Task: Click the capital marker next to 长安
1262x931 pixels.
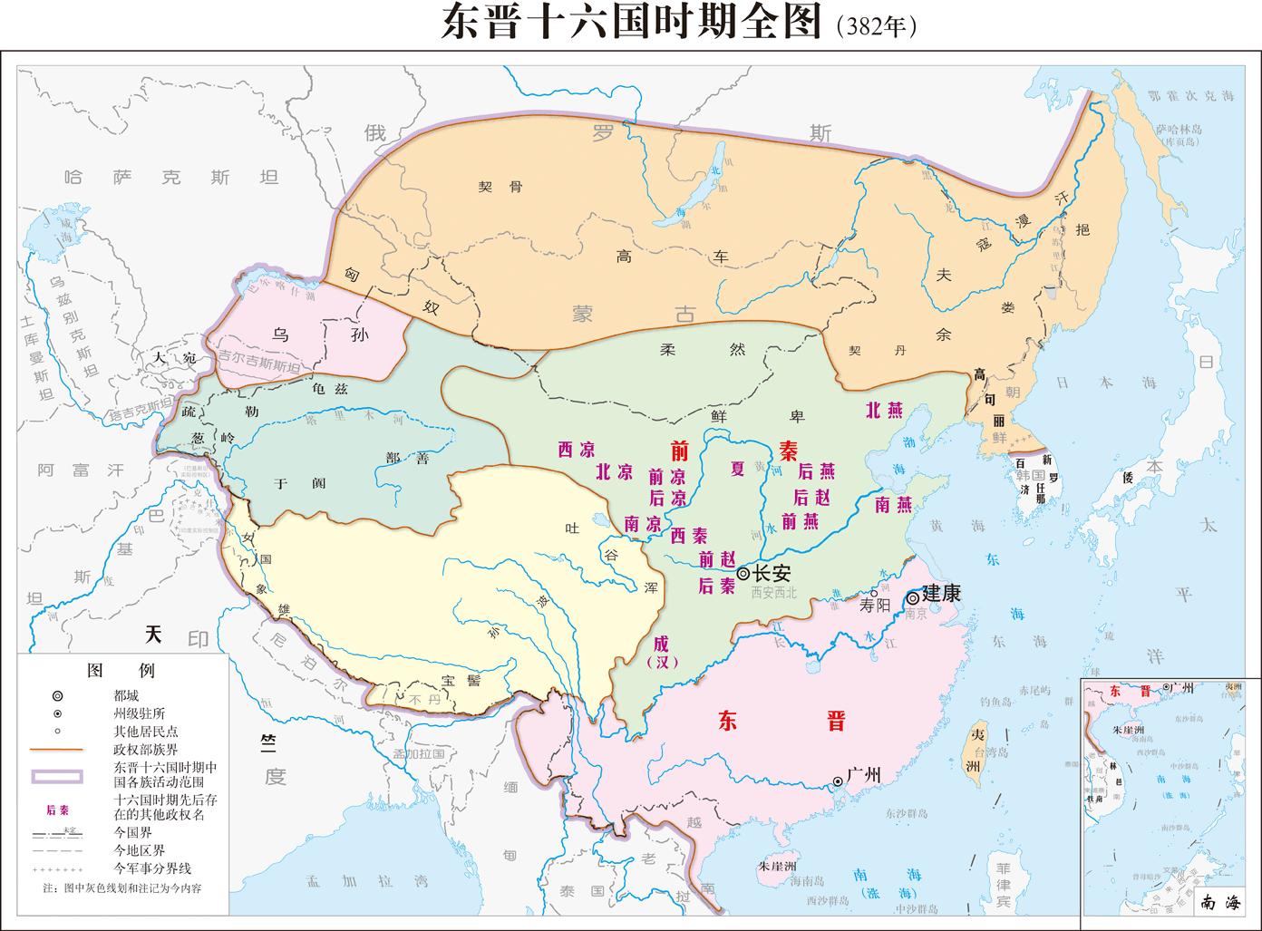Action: click(743, 573)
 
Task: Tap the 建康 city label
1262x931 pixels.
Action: click(940, 594)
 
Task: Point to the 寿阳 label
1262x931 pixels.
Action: click(876, 607)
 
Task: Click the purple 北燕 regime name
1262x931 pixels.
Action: click(884, 410)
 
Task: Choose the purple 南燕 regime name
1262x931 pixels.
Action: click(893, 505)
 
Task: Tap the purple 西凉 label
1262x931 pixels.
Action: click(576, 450)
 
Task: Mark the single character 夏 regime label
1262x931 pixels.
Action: click(738, 468)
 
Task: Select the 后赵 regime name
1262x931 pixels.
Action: click(812, 497)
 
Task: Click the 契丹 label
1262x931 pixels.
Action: click(865, 351)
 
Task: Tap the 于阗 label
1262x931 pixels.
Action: click(299, 483)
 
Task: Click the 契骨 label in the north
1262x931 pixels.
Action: click(500, 188)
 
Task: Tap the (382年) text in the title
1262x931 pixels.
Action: click(876, 25)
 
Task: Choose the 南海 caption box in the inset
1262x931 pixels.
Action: click(1218, 902)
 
